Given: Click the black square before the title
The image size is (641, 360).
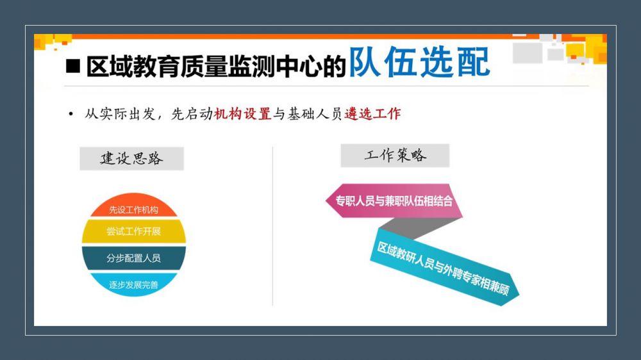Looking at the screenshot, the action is [x=73, y=66].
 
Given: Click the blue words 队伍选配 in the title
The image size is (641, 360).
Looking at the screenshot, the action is [x=419, y=62].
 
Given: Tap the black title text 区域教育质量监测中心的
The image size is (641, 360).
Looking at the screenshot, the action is [x=216, y=67].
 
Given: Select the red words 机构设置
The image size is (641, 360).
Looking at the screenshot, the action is [x=242, y=113].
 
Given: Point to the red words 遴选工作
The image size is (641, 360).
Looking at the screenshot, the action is [x=372, y=113].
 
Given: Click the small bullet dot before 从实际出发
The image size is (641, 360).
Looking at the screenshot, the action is [x=71, y=114].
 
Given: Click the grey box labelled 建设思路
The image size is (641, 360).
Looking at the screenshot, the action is [x=131, y=158].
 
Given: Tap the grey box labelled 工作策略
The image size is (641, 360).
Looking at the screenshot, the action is [x=395, y=155].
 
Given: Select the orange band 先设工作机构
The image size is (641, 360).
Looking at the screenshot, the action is [x=134, y=207].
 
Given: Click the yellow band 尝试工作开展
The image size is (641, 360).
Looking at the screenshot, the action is [x=134, y=231].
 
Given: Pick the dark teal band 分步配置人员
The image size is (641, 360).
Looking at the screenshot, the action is [x=134, y=258].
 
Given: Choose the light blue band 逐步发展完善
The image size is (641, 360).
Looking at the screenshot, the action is [x=134, y=284].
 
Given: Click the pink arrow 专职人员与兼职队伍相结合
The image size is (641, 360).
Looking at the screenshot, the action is [x=394, y=200].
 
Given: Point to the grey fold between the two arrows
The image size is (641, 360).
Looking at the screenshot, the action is [x=419, y=228].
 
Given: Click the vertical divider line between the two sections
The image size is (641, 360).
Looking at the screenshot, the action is [x=272, y=226].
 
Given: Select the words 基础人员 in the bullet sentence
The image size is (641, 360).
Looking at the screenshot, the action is [x=315, y=113].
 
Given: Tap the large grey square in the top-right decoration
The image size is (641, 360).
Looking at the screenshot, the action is [x=528, y=53].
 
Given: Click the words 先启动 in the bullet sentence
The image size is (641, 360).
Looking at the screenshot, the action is [x=192, y=113].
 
